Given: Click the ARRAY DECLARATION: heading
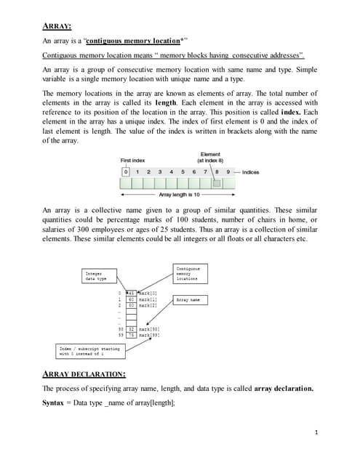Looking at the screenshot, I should coord(84,374).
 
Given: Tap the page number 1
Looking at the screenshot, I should coord(317,433).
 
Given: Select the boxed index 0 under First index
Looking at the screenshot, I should coord(126,171).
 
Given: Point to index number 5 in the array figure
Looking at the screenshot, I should coord(183,171).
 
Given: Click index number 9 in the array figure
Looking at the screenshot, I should coord(228,171).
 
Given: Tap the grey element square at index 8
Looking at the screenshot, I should coord(217,183).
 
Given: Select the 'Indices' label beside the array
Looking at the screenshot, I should coord(250,171).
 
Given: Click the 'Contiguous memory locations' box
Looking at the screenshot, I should coord(191,273).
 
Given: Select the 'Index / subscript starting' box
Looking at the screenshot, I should coord(89,351).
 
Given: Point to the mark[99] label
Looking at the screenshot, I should coord(149,335).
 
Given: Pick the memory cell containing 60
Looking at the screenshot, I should coord(132,299).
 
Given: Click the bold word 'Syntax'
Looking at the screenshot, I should coord(55,402).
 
